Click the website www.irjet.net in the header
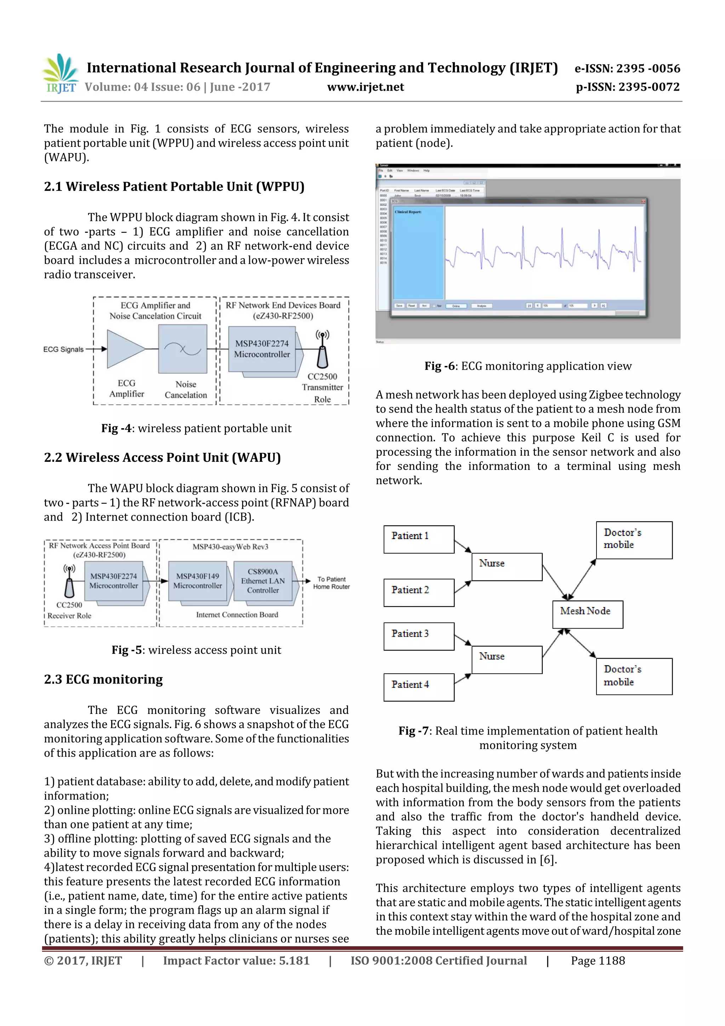365,87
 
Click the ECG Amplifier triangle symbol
124,349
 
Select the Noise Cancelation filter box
182,349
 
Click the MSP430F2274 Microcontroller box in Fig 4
262,349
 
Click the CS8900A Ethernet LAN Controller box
263,581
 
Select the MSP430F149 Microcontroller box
198,581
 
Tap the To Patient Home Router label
331,583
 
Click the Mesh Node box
587,614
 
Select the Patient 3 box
418,636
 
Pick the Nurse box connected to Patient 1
507,567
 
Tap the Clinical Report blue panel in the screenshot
418,253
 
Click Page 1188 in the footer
597,960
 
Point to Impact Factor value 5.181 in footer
236,960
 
